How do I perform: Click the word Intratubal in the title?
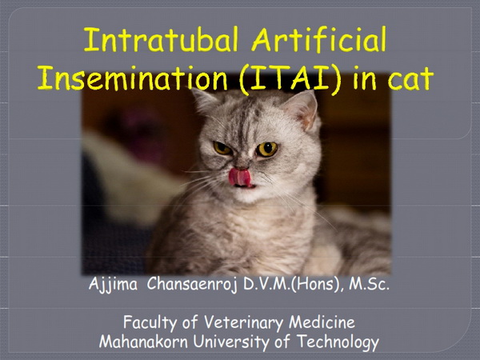tap(161, 40)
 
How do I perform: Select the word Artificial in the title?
tap(318, 39)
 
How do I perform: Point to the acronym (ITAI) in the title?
tap(290, 79)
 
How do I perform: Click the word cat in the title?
tap(410, 79)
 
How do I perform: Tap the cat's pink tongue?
tap(240, 177)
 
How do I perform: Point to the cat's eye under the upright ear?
tap(266, 149)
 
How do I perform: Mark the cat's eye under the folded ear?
tap(222, 148)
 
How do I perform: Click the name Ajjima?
tap(113, 285)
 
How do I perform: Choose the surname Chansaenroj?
tap(192, 284)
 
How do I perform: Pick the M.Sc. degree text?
tap(369, 284)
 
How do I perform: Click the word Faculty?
tap(150, 323)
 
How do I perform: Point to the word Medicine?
tap(322, 322)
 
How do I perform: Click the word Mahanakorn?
tap(143, 342)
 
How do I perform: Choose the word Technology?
tap(338, 342)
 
